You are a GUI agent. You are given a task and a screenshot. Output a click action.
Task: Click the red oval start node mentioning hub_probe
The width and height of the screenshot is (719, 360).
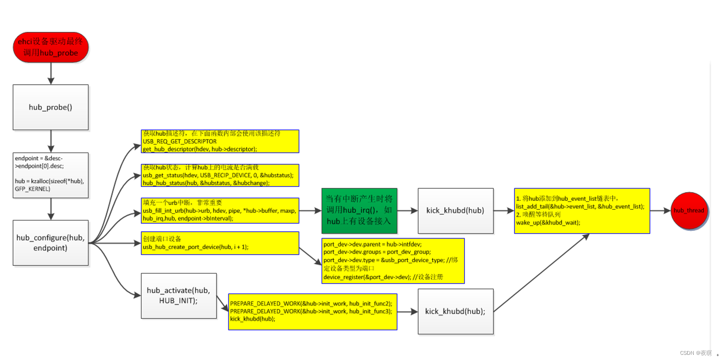click(51, 47)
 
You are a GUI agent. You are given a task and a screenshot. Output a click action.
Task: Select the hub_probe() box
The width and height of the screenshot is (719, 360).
click(51, 107)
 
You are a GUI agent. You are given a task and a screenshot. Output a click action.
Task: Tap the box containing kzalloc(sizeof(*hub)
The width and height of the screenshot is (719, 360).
click(51, 175)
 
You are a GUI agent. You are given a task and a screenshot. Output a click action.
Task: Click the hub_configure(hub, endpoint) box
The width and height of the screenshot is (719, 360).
click(51, 242)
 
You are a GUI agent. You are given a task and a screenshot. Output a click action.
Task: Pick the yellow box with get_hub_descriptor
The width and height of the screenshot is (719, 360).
click(220, 141)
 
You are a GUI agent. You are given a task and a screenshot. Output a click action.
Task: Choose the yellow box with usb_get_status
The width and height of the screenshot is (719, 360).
click(220, 175)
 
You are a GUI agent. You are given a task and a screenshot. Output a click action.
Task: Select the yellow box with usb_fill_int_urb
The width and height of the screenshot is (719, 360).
click(220, 211)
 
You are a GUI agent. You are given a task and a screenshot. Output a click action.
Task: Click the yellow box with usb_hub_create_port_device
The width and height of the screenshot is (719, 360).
click(220, 243)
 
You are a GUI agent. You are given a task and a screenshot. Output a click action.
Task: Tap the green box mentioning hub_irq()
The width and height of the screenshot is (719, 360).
click(359, 211)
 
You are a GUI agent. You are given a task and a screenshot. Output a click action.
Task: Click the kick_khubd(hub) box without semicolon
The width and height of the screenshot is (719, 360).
click(455, 211)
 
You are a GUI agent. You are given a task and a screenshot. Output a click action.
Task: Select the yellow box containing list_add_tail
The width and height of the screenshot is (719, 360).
click(582, 211)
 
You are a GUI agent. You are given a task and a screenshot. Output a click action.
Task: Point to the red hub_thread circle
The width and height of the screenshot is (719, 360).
click(689, 211)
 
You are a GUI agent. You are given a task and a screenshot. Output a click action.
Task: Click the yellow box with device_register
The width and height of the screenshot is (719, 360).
click(393, 261)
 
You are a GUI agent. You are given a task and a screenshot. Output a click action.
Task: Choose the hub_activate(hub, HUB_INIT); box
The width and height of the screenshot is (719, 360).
click(179, 296)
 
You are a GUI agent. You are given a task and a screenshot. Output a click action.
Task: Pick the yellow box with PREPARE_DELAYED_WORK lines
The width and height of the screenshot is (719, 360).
click(312, 312)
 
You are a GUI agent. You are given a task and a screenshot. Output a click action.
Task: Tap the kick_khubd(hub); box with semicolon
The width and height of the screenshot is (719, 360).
click(455, 311)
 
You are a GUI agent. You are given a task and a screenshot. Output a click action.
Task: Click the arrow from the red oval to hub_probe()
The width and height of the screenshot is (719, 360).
click(51, 73)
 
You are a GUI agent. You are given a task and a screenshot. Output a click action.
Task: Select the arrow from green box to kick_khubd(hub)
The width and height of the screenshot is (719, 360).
click(407, 211)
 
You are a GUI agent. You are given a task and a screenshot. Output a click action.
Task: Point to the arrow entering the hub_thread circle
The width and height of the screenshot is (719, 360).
click(660, 211)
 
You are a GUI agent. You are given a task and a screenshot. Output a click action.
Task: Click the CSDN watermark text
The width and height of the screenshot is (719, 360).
click(696, 353)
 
